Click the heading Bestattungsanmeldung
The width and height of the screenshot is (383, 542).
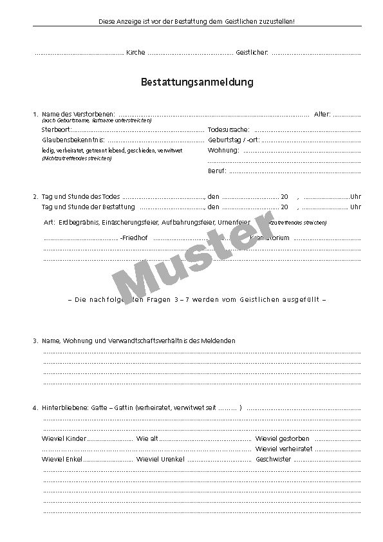197,82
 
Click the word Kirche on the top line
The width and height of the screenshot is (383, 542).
136,52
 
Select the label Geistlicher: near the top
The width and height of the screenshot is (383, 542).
252,52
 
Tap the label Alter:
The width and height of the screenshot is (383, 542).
322,115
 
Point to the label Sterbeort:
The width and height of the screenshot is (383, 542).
57,130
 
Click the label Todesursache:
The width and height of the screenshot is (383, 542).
229,130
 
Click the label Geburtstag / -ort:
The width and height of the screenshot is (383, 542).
234,140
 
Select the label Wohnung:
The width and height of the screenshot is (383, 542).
223,151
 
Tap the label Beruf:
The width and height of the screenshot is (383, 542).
217,171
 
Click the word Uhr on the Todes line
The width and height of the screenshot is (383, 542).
356,196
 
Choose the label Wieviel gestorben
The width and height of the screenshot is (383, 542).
283,439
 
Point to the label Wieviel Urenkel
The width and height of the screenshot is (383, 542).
160,460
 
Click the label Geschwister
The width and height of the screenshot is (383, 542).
274,460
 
